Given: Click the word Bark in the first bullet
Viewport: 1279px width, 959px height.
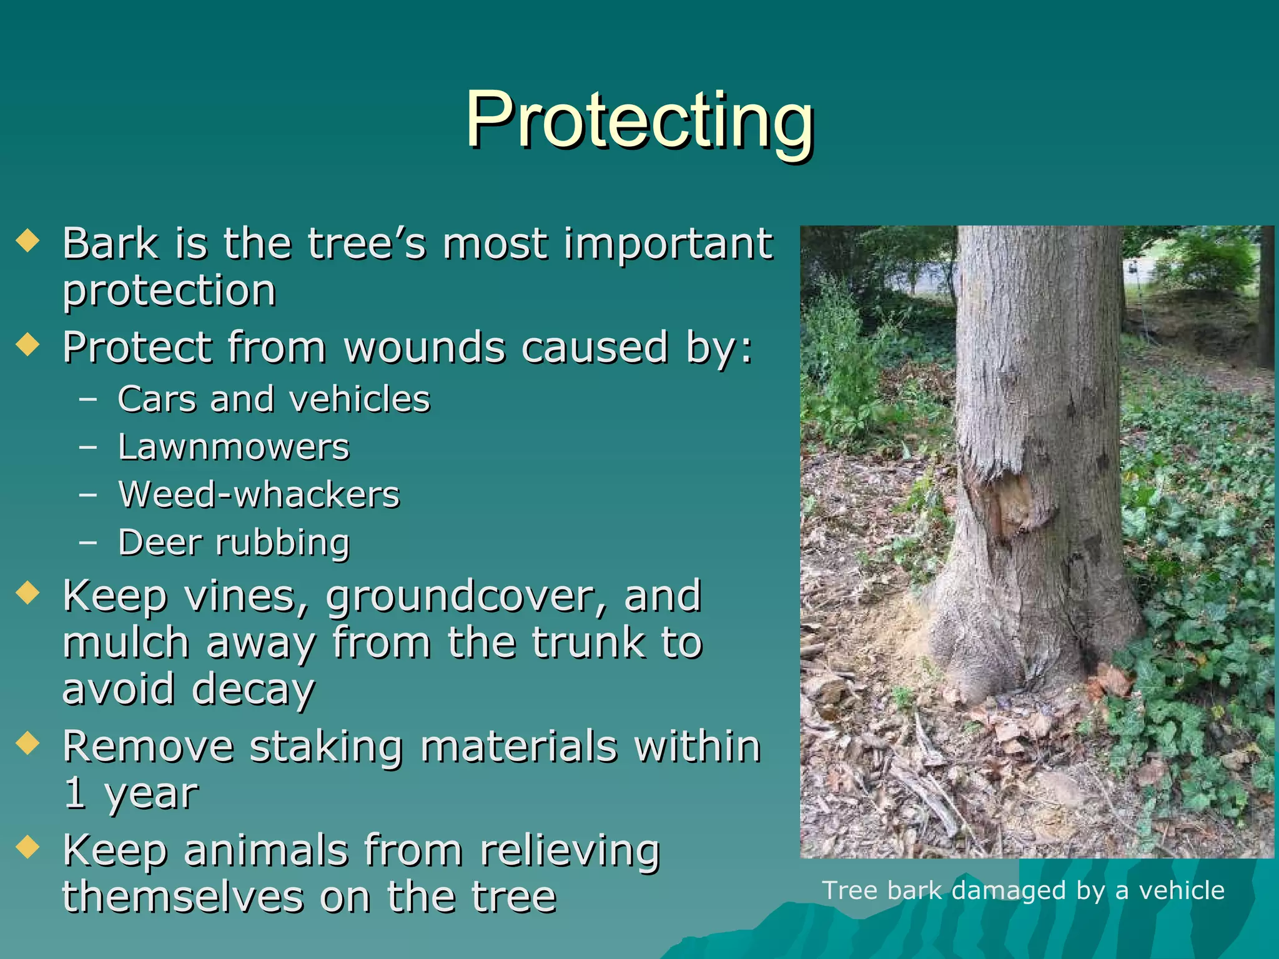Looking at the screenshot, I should tap(111, 243).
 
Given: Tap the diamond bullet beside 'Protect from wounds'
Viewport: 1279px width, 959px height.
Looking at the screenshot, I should tap(28, 344).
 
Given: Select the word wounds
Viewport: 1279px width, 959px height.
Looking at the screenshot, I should tap(425, 348).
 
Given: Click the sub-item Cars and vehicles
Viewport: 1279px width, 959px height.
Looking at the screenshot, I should tap(274, 399).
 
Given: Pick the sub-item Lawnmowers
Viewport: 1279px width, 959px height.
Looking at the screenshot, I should tap(234, 447).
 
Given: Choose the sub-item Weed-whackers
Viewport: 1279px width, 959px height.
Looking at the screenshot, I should tap(259, 495).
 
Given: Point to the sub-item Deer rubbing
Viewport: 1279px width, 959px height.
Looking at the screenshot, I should tap(234, 543).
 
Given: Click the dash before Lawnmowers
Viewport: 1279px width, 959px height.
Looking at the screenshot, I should tap(88, 447).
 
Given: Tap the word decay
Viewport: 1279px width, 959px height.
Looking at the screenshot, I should tap(252, 690).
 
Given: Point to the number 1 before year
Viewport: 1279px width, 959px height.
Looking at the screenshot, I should tap(74, 794).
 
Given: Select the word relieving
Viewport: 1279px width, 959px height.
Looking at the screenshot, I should tap(570, 851).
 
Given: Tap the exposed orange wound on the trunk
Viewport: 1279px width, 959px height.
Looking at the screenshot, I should tap(1009, 506).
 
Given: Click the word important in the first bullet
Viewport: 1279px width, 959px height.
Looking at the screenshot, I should tap(668, 243).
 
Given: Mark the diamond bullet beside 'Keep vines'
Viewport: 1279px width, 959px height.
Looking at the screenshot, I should tap(28, 593).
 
